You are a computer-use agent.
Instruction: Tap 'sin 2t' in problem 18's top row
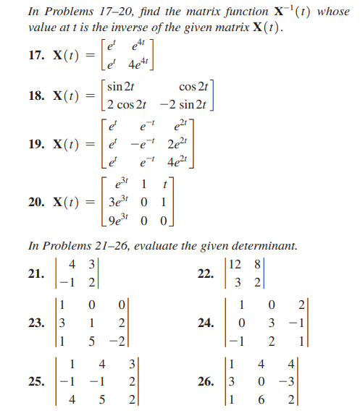tap(120, 88)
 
